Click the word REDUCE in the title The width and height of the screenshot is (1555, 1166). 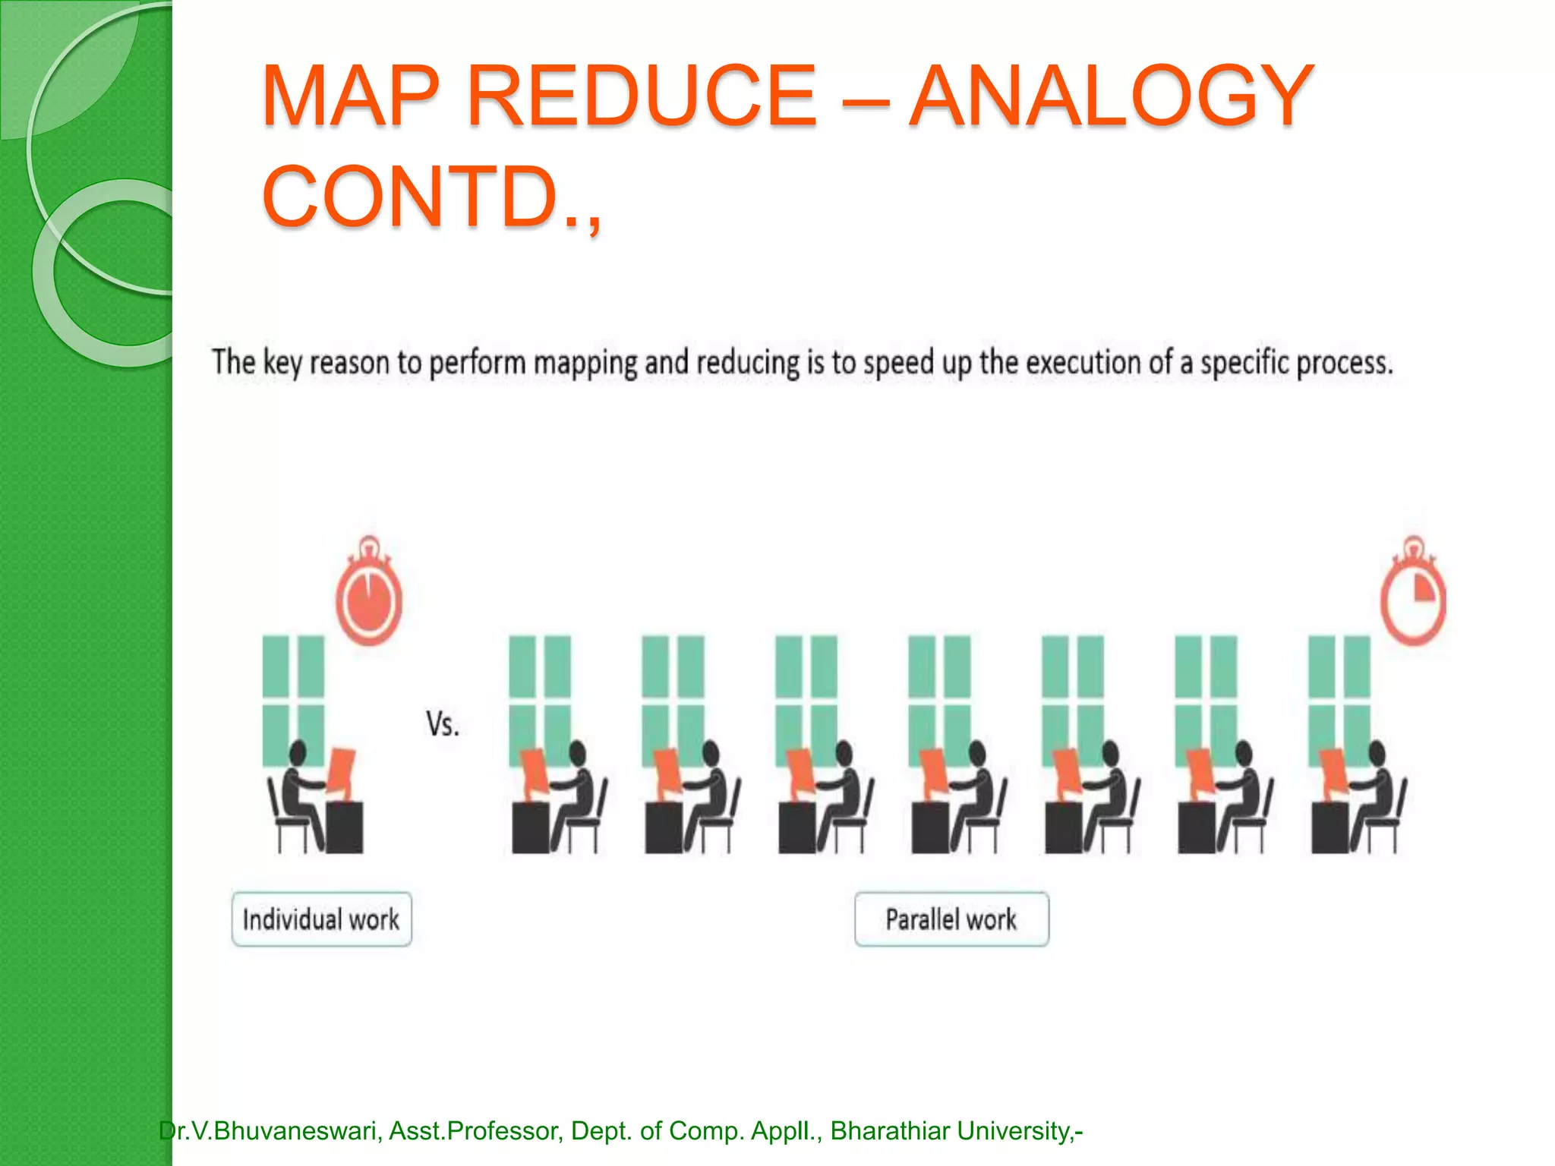click(642, 96)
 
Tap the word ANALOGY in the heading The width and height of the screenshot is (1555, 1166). click(1112, 96)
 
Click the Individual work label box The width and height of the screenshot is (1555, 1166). click(321, 919)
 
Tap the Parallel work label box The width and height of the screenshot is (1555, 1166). click(951, 919)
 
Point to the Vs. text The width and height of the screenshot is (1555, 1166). click(442, 724)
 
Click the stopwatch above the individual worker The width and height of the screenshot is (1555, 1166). click(369, 595)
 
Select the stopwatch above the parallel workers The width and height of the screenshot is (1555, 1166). click(1413, 595)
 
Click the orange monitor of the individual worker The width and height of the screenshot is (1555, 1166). click(341, 772)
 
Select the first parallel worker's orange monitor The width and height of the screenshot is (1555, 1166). click(534, 772)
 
